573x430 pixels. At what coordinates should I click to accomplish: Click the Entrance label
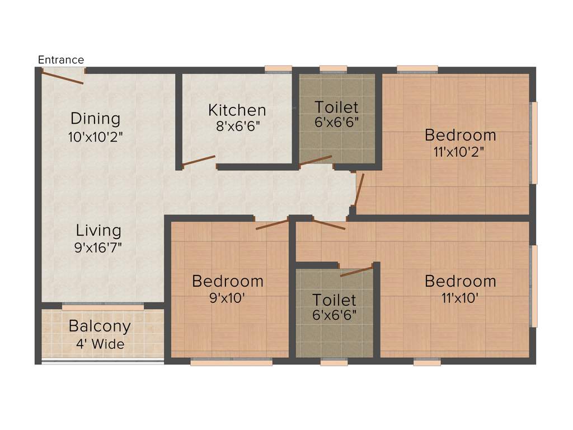pyautogui.click(x=61, y=60)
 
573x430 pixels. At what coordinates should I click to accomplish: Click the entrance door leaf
pyautogui.click(x=63, y=77)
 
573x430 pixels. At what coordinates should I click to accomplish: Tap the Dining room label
pyautogui.click(x=95, y=119)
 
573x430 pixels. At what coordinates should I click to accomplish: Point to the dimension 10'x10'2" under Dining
pyautogui.click(x=95, y=137)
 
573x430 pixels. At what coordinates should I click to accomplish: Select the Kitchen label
pyautogui.click(x=237, y=110)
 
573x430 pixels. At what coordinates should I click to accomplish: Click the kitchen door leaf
pyautogui.click(x=199, y=161)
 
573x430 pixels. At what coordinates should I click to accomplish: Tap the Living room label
pyautogui.click(x=98, y=230)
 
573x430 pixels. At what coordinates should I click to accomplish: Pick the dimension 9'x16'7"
pyautogui.click(x=98, y=247)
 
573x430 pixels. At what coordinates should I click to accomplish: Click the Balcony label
pyautogui.click(x=100, y=326)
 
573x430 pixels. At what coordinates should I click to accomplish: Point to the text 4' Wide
pyautogui.click(x=100, y=344)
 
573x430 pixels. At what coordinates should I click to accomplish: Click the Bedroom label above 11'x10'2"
pyautogui.click(x=460, y=135)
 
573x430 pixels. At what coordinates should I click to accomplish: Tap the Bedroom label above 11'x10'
pyautogui.click(x=460, y=281)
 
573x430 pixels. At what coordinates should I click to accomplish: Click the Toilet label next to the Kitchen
pyautogui.click(x=336, y=106)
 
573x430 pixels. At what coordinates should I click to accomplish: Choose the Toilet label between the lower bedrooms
pyautogui.click(x=334, y=300)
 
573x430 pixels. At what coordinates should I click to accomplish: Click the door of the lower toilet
pyautogui.click(x=356, y=272)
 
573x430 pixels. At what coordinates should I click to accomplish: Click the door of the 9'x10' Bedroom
pyautogui.click(x=272, y=225)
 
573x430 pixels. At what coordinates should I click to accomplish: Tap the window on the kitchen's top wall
pyautogui.click(x=278, y=69)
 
